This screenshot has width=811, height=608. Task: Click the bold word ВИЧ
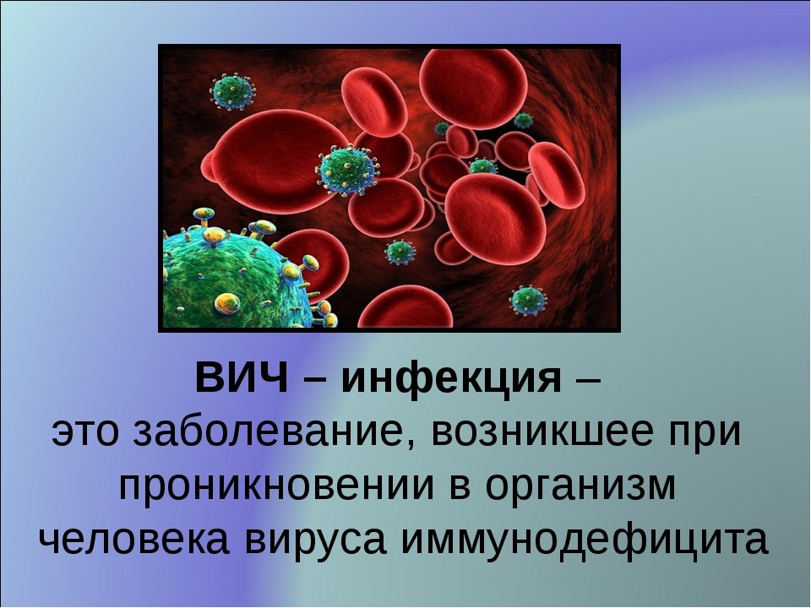point(242,378)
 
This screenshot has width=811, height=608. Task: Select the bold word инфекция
point(451,380)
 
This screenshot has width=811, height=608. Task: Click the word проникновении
point(276,486)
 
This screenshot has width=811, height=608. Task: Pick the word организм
point(581,486)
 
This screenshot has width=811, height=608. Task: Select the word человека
point(134,540)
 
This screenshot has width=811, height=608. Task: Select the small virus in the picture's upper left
point(233,91)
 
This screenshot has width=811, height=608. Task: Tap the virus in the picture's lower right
point(527,300)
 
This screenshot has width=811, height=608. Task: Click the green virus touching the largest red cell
point(347,170)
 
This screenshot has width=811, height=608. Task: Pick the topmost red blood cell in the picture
point(473,88)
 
